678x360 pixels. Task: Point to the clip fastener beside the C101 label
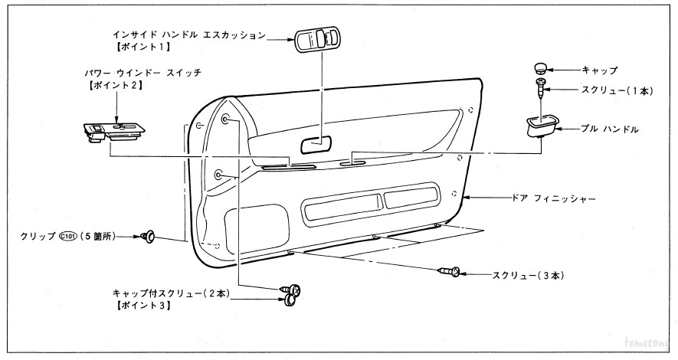(149, 237)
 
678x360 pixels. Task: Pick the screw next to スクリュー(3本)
(450, 271)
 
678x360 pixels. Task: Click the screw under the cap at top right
(542, 87)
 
